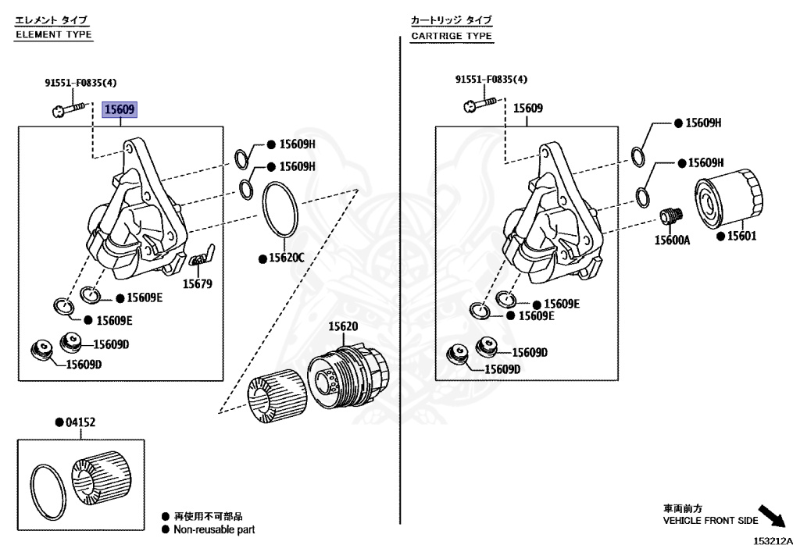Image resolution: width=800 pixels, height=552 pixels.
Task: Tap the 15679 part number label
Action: point(198,284)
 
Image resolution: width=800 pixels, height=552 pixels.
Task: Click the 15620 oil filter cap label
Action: point(342,326)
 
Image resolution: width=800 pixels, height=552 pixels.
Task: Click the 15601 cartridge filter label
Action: point(741,235)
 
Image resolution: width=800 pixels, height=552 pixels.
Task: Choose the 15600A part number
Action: point(672,240)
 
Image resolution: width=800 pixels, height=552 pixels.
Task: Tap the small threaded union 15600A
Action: point(671,215)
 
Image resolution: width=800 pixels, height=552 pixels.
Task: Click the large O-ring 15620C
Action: point(280,209)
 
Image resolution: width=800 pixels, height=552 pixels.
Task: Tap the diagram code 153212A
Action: point(773,540)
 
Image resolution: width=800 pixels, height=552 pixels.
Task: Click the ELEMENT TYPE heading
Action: point(54,34)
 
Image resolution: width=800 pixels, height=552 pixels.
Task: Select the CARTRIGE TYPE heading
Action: point(452,36)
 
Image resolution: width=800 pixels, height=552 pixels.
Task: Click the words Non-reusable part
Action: point(214,529)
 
